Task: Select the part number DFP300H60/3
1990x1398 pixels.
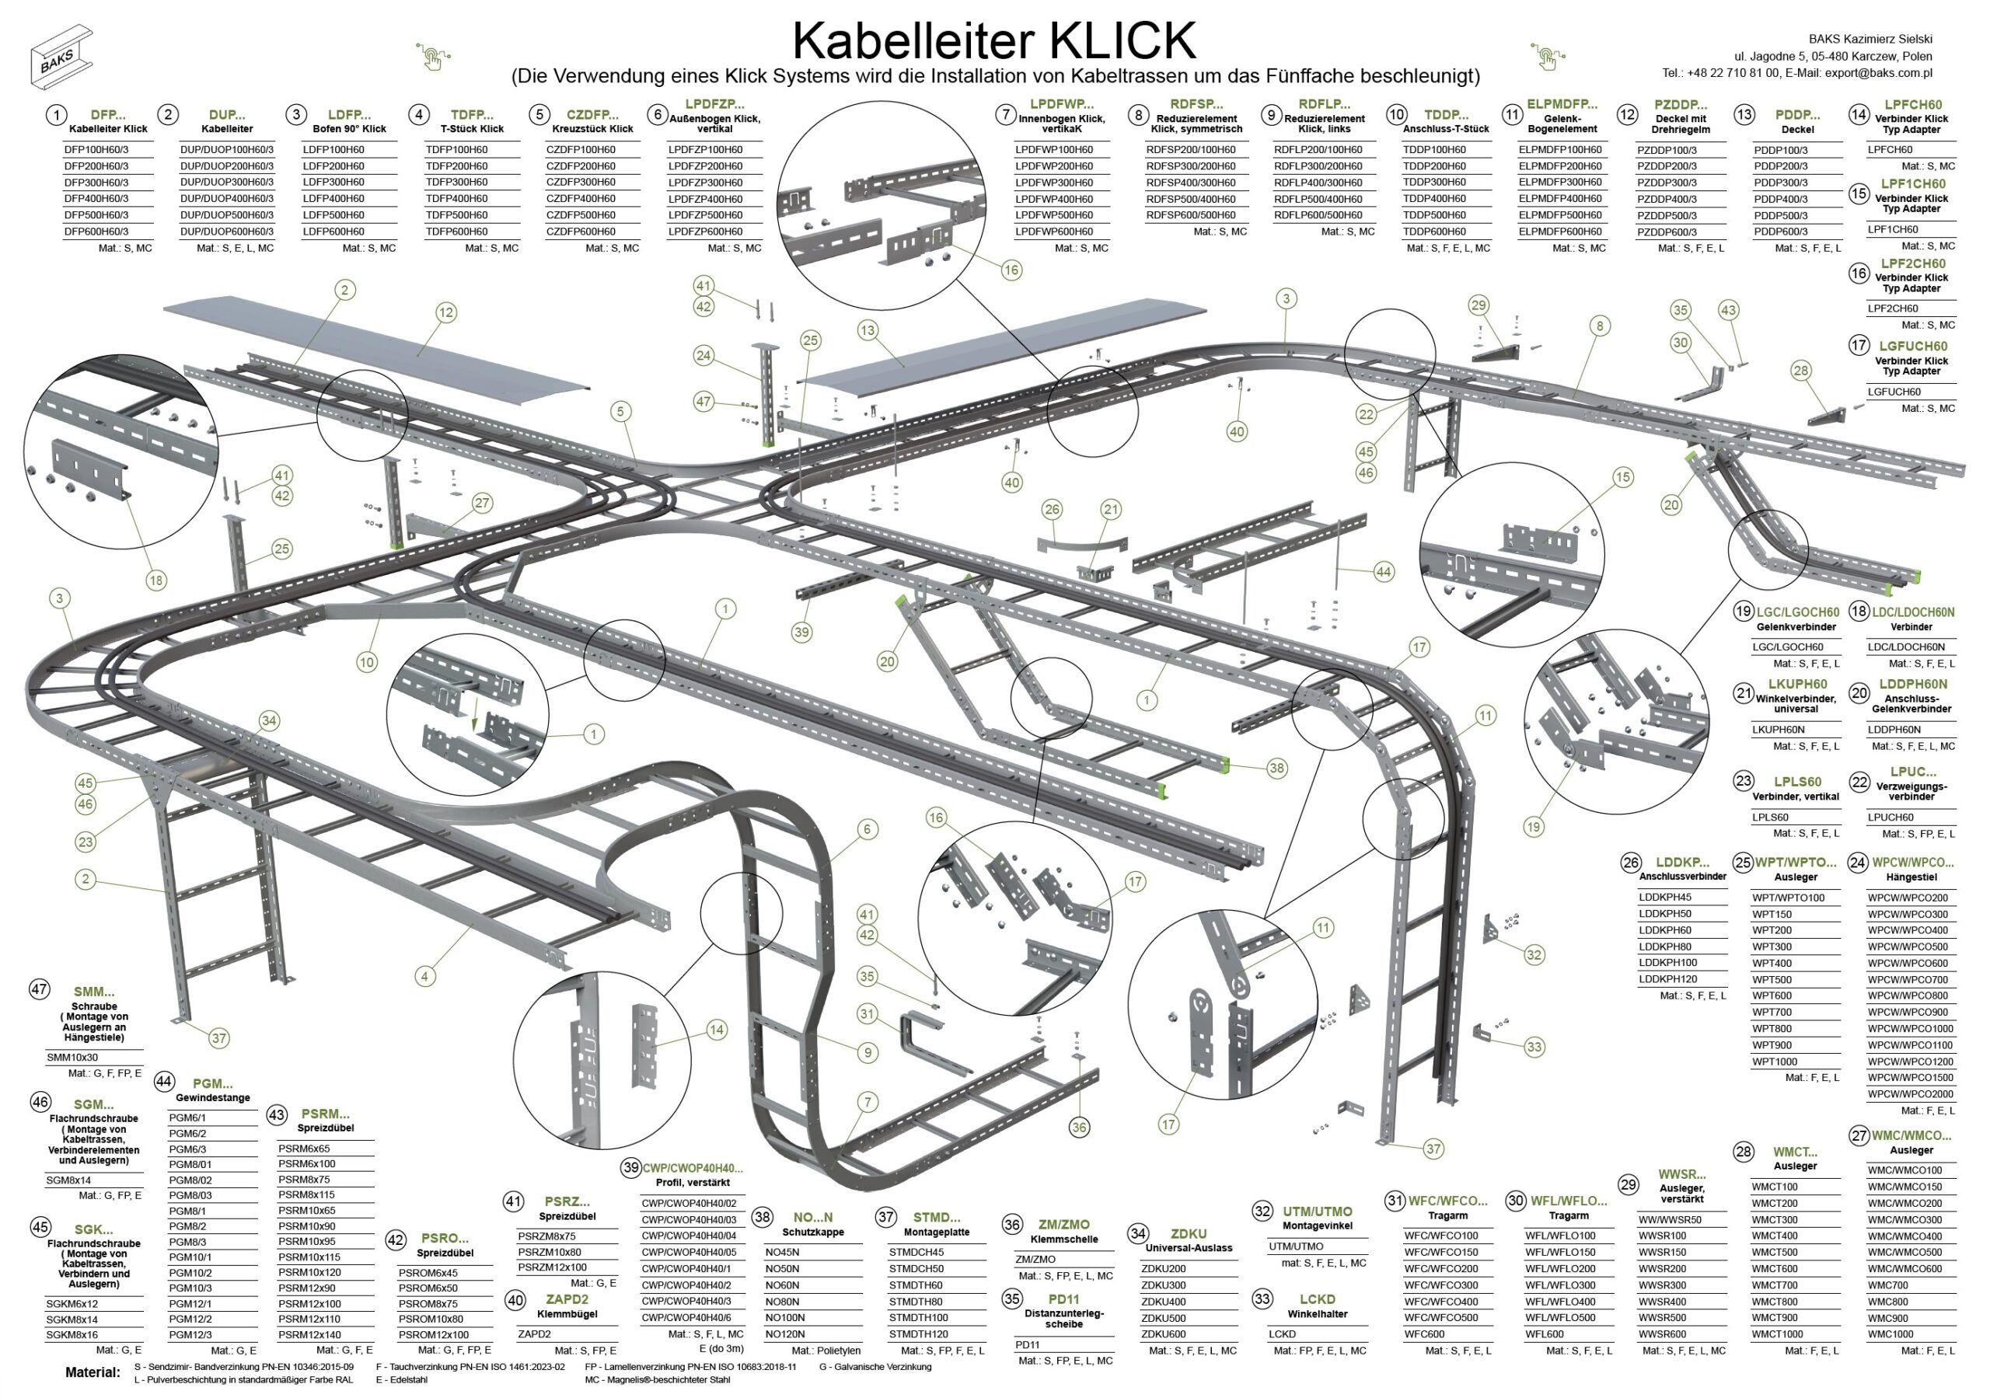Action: tap(96, 183)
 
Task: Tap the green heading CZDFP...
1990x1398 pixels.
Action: tap(593, 114)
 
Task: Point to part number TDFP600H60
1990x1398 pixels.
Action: tap(457, 232)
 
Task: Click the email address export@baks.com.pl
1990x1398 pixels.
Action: tap(1878, 73)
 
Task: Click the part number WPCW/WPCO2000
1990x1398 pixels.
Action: tap(1910, 1094)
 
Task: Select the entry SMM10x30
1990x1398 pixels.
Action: tap(72, 1058)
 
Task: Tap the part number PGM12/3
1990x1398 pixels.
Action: tap(190, 1335)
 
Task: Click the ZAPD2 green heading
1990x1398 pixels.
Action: tap(567, 1299)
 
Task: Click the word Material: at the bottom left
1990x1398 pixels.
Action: tap(93, 1372)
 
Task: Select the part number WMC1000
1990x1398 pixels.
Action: tap(1890, 1335)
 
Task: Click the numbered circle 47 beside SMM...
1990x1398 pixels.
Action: tap(39, 990)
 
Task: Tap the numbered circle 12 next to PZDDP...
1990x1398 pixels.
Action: tap(1627, 114)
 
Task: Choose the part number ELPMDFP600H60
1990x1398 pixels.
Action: tap(1560, 232)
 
